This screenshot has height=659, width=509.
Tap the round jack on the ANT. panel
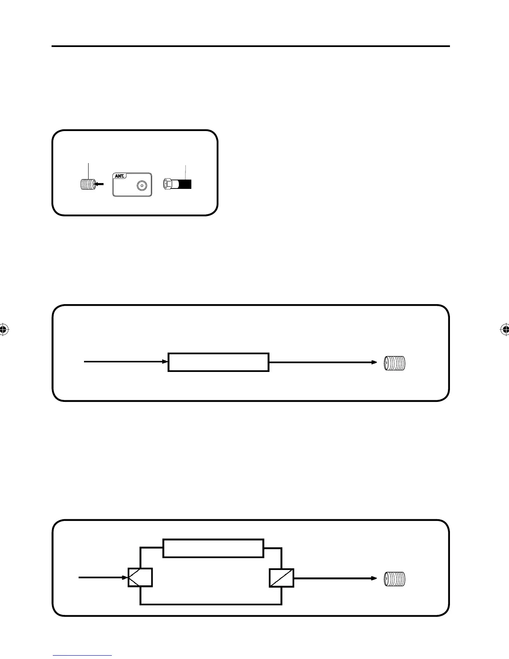tap(142, 186)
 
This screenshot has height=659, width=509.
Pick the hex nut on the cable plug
tap(168, 184)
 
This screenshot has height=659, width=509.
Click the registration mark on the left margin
tap(4, 329)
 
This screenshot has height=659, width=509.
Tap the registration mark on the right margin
tap(505, 329)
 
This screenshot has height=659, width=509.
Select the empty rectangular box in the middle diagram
tap(218, 362)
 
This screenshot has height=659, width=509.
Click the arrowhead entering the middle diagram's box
tap(165, 362)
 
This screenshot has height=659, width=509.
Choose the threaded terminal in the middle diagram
tap(394, 363)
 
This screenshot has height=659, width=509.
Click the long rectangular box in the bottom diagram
tap(213, 548)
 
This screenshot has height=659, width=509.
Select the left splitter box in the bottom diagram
tap(140, 577)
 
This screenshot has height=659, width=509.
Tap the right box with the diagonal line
tap(282, 578)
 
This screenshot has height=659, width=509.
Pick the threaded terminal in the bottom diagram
tap(394, 579)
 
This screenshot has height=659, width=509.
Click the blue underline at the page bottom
tap(82, 656)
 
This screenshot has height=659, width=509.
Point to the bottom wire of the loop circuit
tap(211, 604)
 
